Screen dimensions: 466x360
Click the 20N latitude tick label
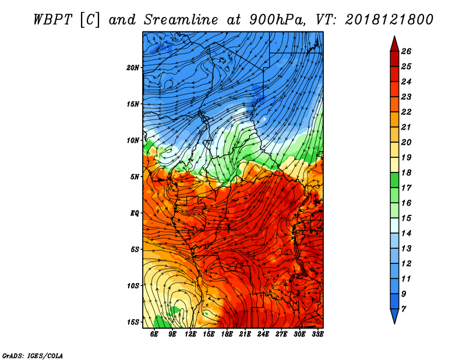tap(133, 68)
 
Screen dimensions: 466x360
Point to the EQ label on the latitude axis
tap(135, 213)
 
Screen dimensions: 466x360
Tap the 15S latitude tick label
tap(133, 322)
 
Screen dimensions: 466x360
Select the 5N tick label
tap(135, 177)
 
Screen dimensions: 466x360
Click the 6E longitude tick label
tap(154, 334)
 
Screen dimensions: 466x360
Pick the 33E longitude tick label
tap(317, 334)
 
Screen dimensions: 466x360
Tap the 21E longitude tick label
tap(245, 334)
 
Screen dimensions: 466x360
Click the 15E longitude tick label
tap(209, 334)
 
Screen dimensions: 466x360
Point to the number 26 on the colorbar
tap(406, 51)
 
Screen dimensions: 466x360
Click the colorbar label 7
tap(404, 309)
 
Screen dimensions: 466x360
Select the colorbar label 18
tap(406, 172)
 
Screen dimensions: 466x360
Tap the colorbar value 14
tap(406, 234)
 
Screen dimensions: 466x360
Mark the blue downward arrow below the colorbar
tap(394, 316)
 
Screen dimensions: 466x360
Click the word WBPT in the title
tap(52, 20)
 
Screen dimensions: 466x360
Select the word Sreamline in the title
tap(181, 20)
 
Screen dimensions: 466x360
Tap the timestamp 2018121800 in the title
tap(389, 20)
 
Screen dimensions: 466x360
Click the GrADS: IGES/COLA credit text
tap(33, 356)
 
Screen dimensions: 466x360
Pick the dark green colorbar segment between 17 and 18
tap(394, 180)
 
